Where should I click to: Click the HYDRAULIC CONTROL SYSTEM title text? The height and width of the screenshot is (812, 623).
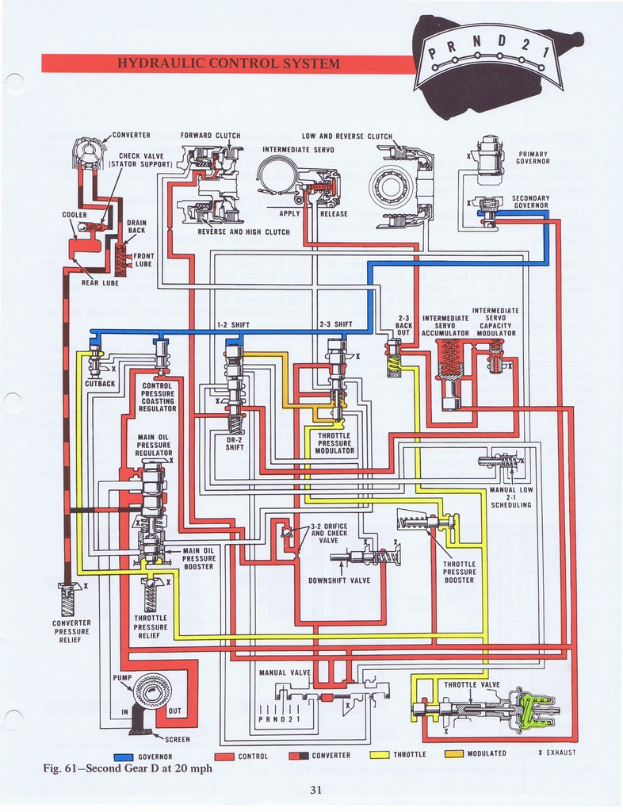point(227,63)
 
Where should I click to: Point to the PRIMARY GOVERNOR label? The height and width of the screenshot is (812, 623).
point(533,158)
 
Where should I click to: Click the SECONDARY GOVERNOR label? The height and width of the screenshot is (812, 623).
point(530,201)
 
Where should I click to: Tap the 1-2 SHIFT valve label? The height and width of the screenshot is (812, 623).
point(233,324)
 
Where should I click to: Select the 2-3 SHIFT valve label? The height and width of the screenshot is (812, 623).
point(335,324)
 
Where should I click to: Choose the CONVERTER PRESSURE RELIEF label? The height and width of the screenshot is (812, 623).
point(71,631)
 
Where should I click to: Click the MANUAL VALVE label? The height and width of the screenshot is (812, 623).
point(285,672)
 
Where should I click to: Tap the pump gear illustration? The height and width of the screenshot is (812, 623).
point(151,690)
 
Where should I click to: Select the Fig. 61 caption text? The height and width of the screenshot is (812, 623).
point(128,768)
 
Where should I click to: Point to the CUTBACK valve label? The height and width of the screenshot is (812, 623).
point(100,383)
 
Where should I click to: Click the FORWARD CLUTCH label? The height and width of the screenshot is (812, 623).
point(210,136)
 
